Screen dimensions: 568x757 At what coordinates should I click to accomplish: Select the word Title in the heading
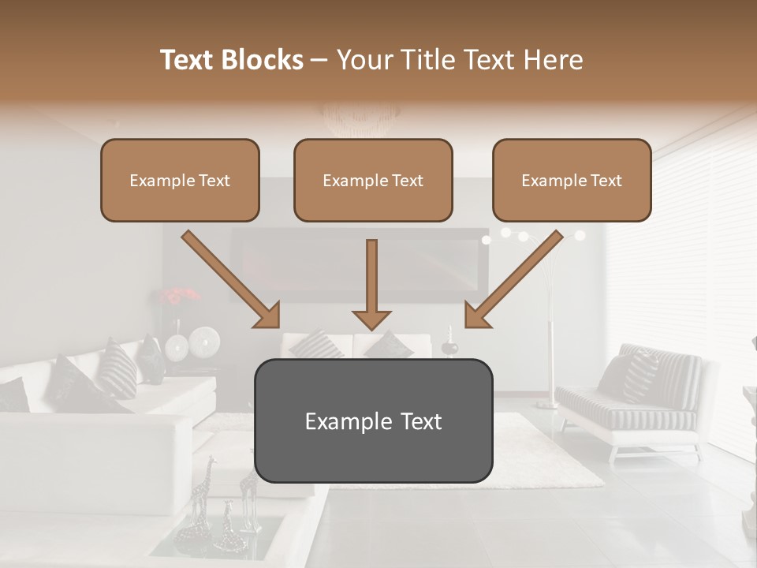[423, 60]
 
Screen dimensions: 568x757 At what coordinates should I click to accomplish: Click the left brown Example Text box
[180, 180]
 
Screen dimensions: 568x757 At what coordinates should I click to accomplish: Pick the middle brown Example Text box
[373, 180]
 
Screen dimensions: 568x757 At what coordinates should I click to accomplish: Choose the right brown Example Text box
[572, 180]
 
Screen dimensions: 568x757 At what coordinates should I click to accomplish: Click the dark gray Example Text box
[373, 421]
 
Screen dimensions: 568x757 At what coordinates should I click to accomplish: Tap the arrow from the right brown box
[513, 280]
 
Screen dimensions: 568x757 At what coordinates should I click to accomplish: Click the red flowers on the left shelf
[181, 297]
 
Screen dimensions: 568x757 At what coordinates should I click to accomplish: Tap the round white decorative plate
[204, 341]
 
